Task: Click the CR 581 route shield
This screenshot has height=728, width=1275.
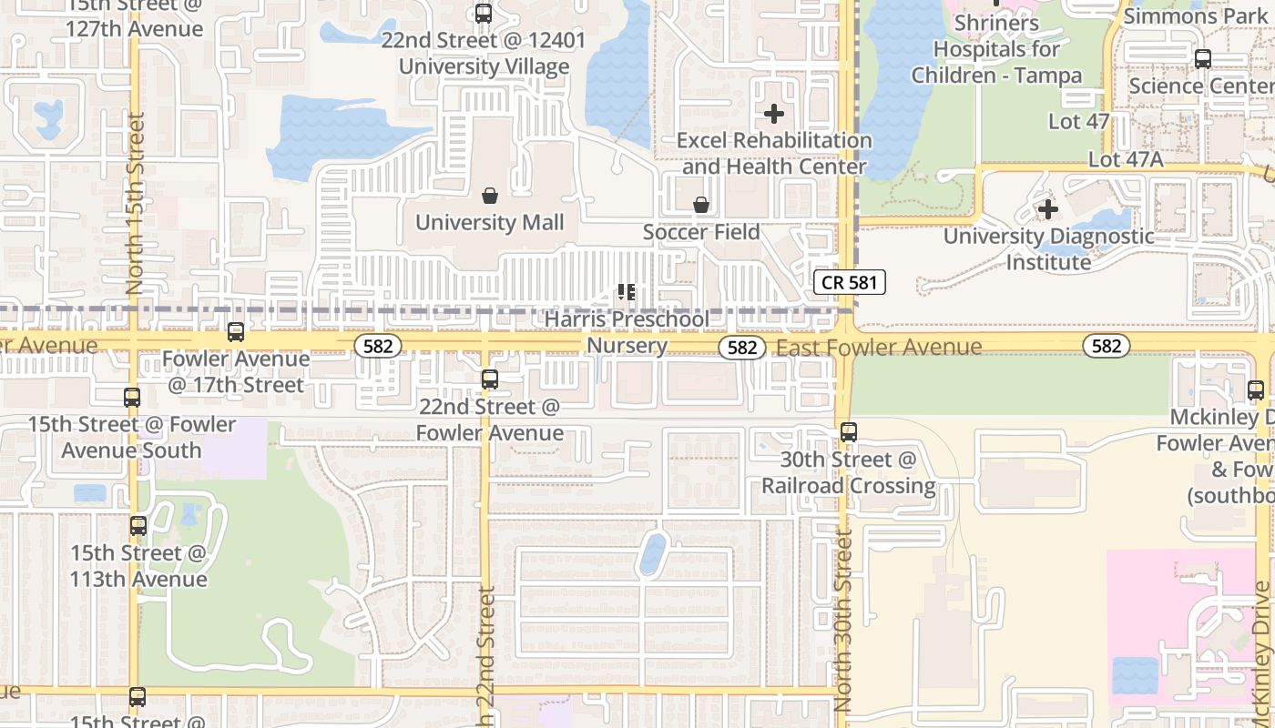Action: [849, 282]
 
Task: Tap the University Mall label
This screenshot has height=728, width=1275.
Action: [490, 222]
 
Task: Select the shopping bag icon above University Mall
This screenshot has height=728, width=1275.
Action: [490, 196]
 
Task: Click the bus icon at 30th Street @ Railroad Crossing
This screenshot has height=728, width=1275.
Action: [849, 432]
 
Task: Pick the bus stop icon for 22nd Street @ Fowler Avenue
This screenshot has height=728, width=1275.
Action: [490, 379]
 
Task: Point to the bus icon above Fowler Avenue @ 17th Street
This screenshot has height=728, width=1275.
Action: [236, 332]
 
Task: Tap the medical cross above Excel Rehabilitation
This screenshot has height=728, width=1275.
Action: [774, 114]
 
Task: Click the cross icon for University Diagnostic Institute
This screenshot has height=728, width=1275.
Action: [1048, 209]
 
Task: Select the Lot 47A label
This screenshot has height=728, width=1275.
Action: [1126, 159]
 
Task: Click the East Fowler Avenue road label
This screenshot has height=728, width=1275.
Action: [879, 347]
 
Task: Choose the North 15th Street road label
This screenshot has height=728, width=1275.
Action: [136, 203]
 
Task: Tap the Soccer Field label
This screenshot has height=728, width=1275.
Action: [701, 232]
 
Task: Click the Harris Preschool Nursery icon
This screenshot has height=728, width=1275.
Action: [626, 292]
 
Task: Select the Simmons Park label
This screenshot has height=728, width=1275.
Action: [1183, 16]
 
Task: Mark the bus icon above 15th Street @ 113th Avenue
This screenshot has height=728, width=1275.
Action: [138, 526]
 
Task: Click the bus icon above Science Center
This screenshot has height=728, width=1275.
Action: [1203, 59]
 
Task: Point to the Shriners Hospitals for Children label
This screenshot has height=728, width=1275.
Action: [996, 49]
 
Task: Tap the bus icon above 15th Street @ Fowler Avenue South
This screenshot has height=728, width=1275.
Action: [132, 398]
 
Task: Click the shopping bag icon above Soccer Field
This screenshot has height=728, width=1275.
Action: [701, 206]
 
